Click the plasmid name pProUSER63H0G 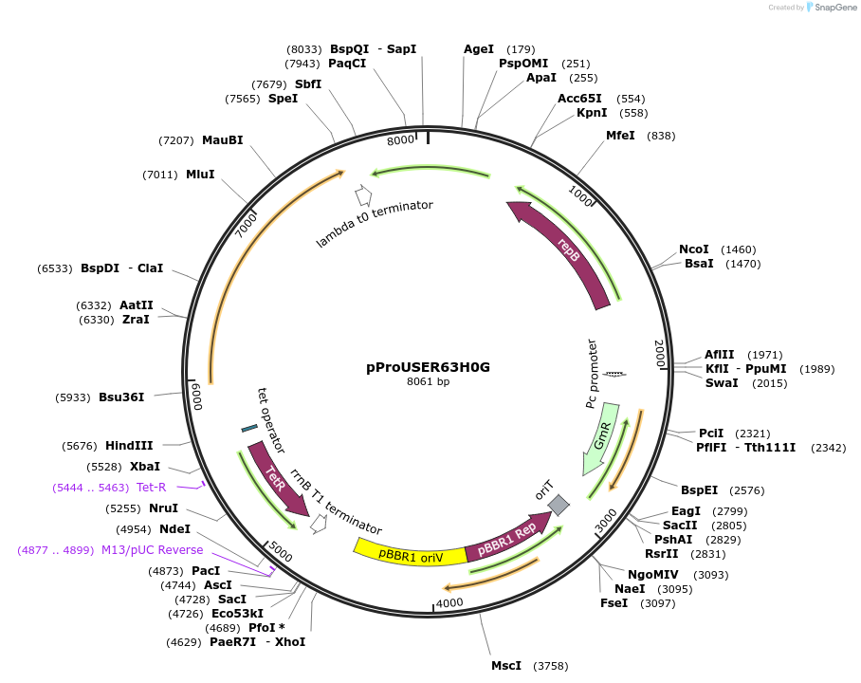pos(429,366)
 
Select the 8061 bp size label pos(429,382)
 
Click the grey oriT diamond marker pos(559,505)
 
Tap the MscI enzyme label pos(506,666)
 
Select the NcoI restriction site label pos(694,249)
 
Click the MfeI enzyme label pos(620,136)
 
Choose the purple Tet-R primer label pos(152,488)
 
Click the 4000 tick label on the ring pos(449,602)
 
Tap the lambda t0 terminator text pos(375,224)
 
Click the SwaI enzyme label pos(722,383)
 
